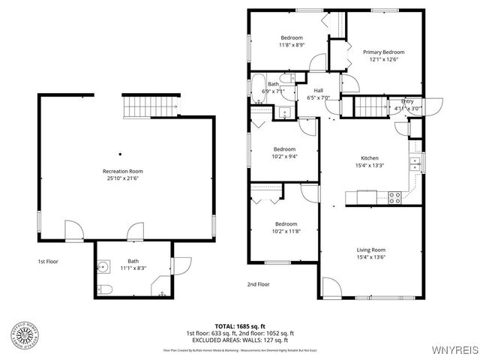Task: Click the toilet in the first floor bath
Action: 105,289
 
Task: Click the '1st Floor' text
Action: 48,262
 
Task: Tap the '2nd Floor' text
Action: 258,284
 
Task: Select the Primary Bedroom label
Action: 383,52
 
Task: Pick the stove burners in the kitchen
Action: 394,198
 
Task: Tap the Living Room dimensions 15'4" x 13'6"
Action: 370,257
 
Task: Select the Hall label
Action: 318,90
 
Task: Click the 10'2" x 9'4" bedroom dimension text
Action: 284,156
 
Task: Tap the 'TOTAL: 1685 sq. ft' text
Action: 239,326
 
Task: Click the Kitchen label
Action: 370,158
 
